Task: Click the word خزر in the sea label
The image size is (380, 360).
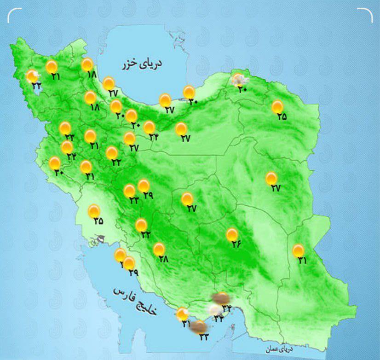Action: pos(130,65)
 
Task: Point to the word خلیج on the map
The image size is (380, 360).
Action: pos(147,307)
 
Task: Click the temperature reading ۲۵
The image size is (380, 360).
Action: pos(282,117)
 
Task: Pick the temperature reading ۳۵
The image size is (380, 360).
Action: pos(98,221)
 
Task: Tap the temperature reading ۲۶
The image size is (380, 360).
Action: pos(236,244)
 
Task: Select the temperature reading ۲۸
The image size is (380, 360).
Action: pos(163,259)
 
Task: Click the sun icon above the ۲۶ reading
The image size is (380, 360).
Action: pos(232,235)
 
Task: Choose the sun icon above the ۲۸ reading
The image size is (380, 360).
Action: pos(159,249)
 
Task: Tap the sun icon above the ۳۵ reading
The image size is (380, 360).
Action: pos(94,211)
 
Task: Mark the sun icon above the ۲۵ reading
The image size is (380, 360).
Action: pos(277,107)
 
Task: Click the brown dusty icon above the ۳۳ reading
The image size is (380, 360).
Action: pos(199,326)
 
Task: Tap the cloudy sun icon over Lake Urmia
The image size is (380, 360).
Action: pos(32,76)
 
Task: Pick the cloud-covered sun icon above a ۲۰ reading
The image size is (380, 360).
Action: pos(238,80)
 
